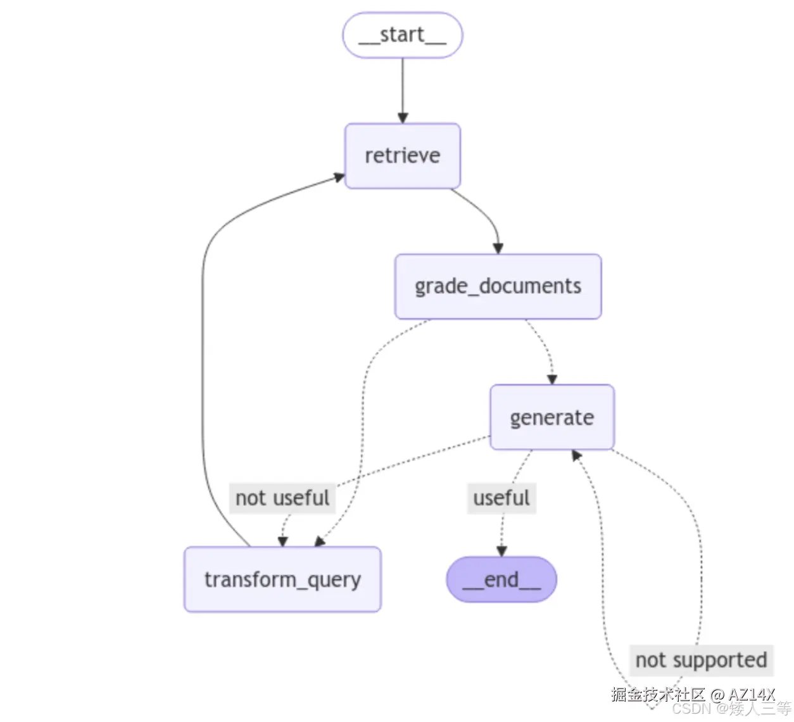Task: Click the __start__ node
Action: click(402, 35)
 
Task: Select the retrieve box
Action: click(402, 156)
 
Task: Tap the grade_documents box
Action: click(498, 286)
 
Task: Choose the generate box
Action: click(551, 417)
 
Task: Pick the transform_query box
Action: click(282, 579)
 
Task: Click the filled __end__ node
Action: click(501, 579)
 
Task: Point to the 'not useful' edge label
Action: click(282, 498)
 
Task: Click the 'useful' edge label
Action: click(501, 498)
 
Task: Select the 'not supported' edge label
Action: click(700, 660)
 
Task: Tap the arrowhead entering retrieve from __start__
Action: click(403, 118)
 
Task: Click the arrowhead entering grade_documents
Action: click(498, 248)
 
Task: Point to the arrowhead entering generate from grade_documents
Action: click(551, 379)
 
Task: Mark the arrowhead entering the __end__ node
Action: click(501, 551)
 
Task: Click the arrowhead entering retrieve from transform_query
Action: click(339, 177)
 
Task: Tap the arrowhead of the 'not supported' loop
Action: click(576, 455)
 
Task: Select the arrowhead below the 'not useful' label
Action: click(282, 541)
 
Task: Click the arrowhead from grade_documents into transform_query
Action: click(319, 541)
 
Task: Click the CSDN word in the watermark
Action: click(691, 709)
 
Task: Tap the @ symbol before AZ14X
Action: click(717, 695)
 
